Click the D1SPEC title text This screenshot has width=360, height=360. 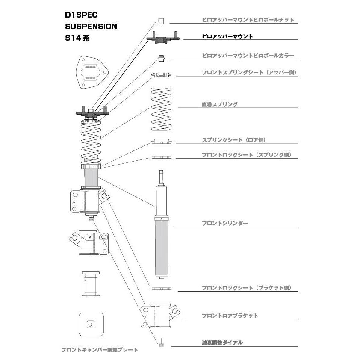click(81, 15)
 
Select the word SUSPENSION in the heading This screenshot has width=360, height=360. click(91, 27)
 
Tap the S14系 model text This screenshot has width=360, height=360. click(77, 38)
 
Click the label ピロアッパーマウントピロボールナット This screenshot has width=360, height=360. click(248, 20)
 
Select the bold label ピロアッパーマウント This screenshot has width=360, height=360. click(227, 36)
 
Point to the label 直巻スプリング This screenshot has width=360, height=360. click(219, 104)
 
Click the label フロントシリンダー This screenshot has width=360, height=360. click(225, 223)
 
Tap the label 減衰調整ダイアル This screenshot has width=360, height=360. click(222, 343)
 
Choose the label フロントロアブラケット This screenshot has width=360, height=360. click(230, 316)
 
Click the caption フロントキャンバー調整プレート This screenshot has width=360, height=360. click(100, 350)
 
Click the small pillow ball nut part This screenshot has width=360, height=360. click(161, 21)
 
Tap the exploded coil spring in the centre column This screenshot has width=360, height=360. click(162, 109)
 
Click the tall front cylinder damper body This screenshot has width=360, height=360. click(162, 224)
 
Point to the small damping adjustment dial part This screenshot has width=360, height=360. click(162, 343)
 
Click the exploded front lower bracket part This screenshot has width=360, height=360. click(160, 316)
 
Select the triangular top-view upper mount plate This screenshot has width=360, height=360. click(92, 72)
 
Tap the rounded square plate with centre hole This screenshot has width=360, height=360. click(91, 325)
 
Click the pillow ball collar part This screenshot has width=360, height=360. click(162, 58)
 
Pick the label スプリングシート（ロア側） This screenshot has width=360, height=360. click(233, 140)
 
